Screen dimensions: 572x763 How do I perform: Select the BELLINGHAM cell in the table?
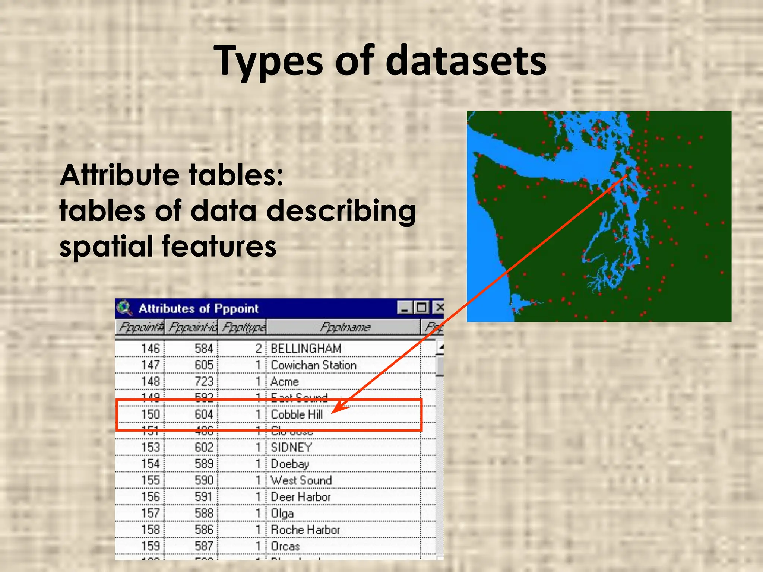tap(306, 349)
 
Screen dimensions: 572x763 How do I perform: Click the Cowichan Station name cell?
tap(313, 365)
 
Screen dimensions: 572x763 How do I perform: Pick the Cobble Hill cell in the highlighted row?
tap(297, 414)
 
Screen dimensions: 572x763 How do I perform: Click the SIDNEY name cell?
tap(291, 447)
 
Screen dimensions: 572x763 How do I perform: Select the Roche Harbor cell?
tap(305, 530)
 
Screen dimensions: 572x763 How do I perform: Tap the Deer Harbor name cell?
tap(301, 497)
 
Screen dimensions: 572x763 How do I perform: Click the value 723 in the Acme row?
tap(204, 382)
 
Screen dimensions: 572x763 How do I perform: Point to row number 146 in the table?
tap(150, 349)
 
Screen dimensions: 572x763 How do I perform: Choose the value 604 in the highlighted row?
tap(204, 414)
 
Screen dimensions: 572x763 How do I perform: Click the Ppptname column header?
tap(345, 327)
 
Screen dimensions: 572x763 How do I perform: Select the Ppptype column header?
tap(243, 327)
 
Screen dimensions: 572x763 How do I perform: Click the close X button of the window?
tap(439, 308)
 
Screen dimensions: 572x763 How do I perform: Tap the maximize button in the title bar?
tap(422, 308)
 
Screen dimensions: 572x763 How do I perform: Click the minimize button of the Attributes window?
tap(405, 308)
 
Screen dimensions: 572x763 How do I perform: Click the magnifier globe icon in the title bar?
tap(124, 308)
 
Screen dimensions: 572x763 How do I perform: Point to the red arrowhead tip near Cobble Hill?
tap(333, 412)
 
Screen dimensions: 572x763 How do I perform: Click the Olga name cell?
tap(282, 513)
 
